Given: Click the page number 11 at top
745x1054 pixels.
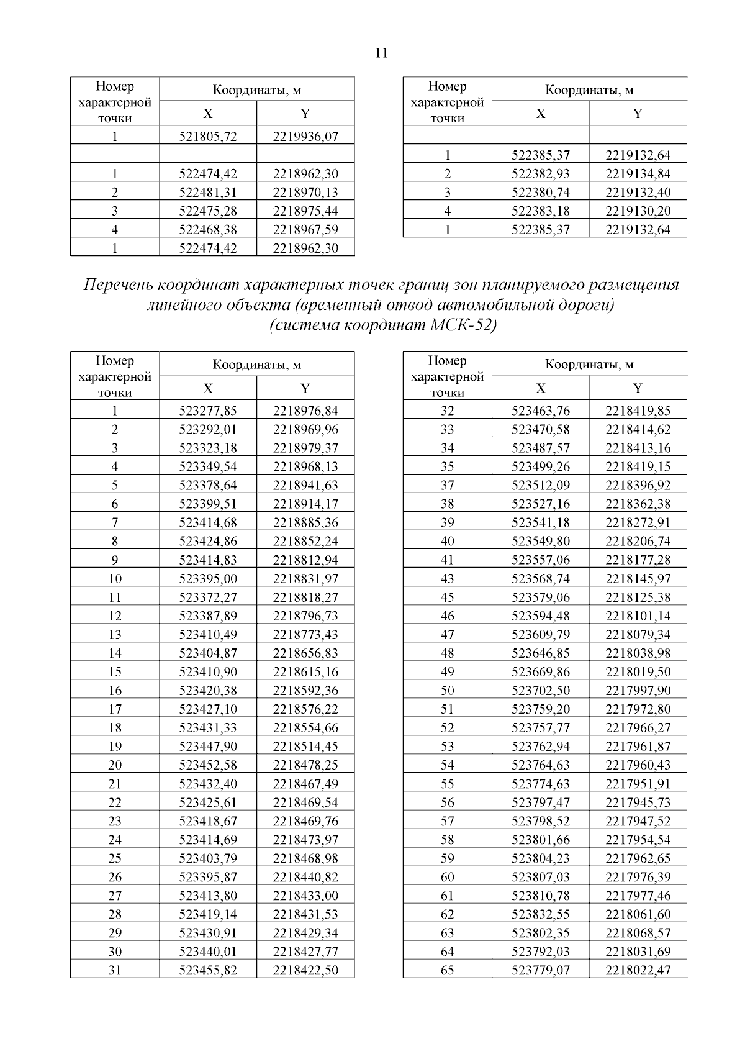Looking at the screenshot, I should [x=381, y=53].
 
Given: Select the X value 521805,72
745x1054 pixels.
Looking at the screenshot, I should [x=208, y=136].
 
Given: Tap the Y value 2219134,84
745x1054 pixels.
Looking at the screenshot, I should [x=638, y=173].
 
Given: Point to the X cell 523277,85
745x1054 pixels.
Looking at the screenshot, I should [x=208, y=411].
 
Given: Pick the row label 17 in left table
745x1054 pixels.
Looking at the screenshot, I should [x=115, y=709].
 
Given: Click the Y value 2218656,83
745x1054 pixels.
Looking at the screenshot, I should [x=305, y=653].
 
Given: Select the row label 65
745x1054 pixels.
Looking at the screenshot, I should [x=447, y=970].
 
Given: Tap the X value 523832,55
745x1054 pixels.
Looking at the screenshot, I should [x=540, y=914].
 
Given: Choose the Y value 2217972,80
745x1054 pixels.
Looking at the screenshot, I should [x=638, y=709].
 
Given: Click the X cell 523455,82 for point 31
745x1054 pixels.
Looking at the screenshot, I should [x=208, y=970].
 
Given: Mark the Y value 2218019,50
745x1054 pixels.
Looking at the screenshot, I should [x=638, y=671].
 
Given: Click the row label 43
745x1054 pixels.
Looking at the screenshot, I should [x=447, y=578].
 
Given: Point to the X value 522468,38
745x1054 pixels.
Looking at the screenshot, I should [x=208, y=229].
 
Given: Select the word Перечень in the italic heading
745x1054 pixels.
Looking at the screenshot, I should [x=117, y=285].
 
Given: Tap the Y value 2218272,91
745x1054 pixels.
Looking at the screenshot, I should [x=638, y=522].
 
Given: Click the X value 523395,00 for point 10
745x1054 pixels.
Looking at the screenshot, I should [x=208, y=578].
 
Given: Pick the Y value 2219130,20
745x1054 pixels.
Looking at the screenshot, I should [x=638, y=211].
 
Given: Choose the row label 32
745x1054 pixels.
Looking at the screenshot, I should [x=447, y=411].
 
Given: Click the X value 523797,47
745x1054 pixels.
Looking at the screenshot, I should [x=540, y=802].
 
